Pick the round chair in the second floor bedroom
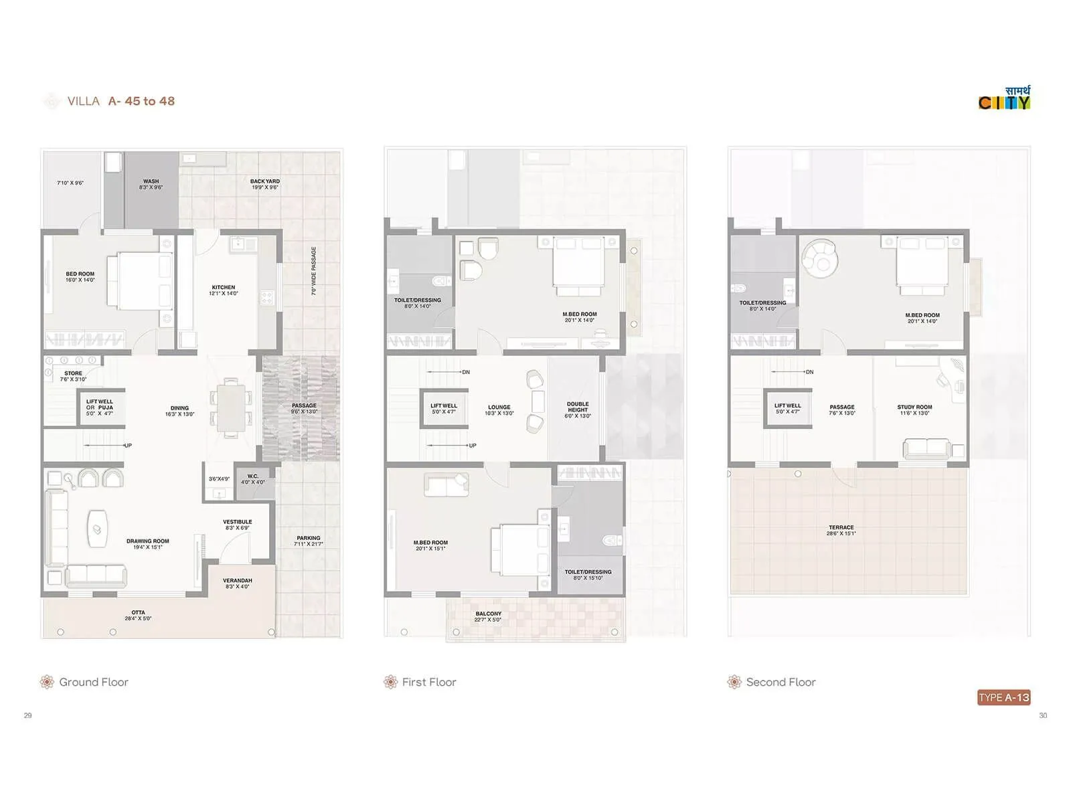(821, 258)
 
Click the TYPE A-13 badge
(1003, 697)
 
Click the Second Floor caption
(780, 682)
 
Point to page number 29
(28, 715)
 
